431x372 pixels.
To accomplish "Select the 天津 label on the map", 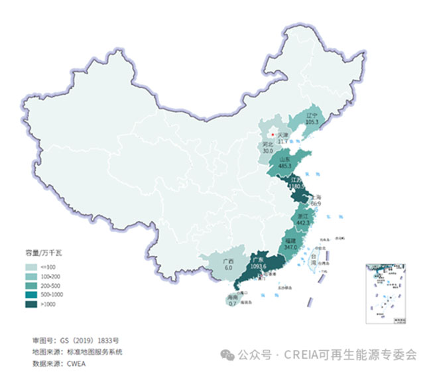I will coord(283,135).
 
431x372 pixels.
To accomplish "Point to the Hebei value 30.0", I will coord(267,151).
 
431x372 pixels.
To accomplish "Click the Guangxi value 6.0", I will coord(228,267).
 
